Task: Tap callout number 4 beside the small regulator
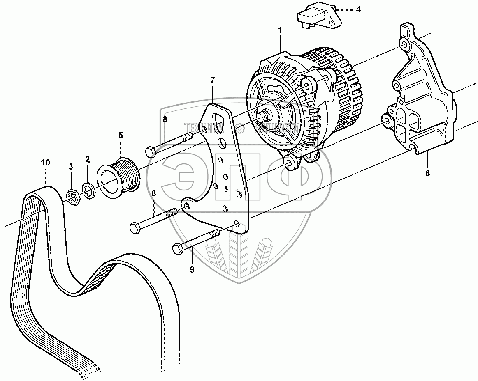pyautogui.click(x=358, y=9)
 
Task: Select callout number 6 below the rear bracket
pyautogui.click(x=427, y=173)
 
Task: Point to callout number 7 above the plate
pyautogui.click(x=212, y=80)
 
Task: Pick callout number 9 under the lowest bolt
pyautogui.click(x=192, y=270)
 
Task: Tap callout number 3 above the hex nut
pyautogui.click(x=71, y=166)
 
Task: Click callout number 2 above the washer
pyautogui.click(x=88, y=159)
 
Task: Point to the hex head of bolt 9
pyautogui.click(x=178, y=249)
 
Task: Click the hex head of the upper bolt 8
pyautogui.click(x=150, y=152)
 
